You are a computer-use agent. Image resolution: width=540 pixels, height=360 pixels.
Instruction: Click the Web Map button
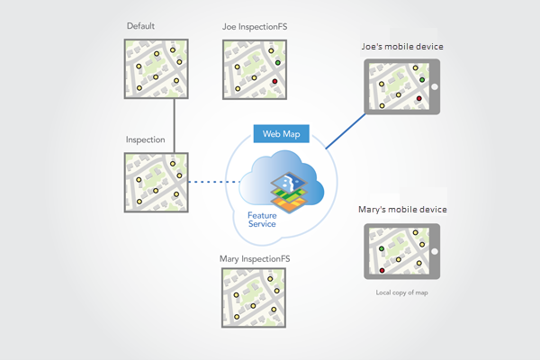(x=281, y=134)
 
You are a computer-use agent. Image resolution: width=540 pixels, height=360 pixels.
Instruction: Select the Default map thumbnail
(x=156, y=68)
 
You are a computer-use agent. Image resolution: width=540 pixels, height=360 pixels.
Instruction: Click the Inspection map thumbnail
(x=156, y=183)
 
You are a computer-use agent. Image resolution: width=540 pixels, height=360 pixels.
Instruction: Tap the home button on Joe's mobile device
(x=434, y=87)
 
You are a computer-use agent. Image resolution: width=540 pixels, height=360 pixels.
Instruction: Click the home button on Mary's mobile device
(x=434, y=252)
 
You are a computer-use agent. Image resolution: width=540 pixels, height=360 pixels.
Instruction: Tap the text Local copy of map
(x=401, y=293)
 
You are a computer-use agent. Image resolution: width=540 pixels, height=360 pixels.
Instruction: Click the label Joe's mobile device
(x=401, y=46)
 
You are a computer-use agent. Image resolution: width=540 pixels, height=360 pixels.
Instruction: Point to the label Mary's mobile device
(x=401, y=211)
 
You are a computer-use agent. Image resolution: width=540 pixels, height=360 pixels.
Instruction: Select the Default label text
(x=141, y=27)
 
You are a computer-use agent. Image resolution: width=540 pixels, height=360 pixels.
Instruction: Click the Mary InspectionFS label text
(x=255, y=259)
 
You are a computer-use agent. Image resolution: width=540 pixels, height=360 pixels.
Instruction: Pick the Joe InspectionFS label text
(x=256, y=27)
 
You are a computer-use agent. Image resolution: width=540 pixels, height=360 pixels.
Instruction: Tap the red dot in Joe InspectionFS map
(x=274, y=82)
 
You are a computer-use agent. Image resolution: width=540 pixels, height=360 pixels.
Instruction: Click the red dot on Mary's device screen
(x=382, y=269)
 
